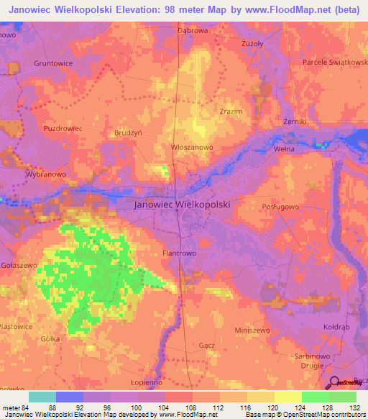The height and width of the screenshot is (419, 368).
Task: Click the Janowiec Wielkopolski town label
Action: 183,204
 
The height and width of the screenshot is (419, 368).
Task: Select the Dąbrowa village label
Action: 193,32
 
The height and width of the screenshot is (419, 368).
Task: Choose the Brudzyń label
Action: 130,133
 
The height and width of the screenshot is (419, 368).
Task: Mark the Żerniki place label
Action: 295,122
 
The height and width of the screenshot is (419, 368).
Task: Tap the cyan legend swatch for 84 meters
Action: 42,397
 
